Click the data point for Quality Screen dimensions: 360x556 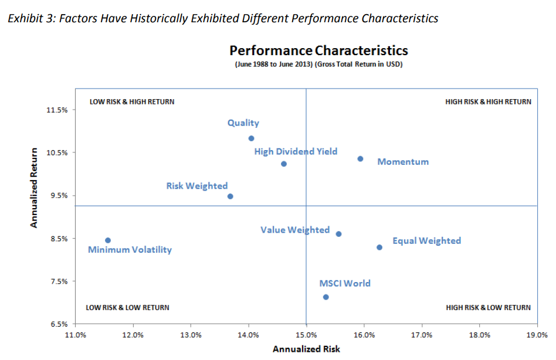pos(251,138)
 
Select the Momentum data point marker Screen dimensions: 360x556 pos(360,159)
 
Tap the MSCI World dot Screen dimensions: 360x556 pos(326,297)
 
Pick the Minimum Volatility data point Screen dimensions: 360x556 pos(108,240)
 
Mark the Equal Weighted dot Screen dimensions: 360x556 pos(379,247)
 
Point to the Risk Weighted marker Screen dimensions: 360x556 pos(230,196)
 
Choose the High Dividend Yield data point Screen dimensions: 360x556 pos(284,164)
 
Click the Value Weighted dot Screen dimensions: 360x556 pos(338,234)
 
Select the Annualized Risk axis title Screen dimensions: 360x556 pos(306,349)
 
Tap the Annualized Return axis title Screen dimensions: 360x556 pos(34,188)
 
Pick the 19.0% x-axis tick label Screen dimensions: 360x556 pos(537,335)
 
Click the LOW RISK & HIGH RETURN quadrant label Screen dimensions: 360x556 pos(131,101)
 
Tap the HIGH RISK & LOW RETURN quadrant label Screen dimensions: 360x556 pos(488,307)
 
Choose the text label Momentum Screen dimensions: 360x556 pos(403,162)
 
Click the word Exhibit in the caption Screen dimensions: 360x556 pos(22,18)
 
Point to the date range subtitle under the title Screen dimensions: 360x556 pos(318,64)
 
